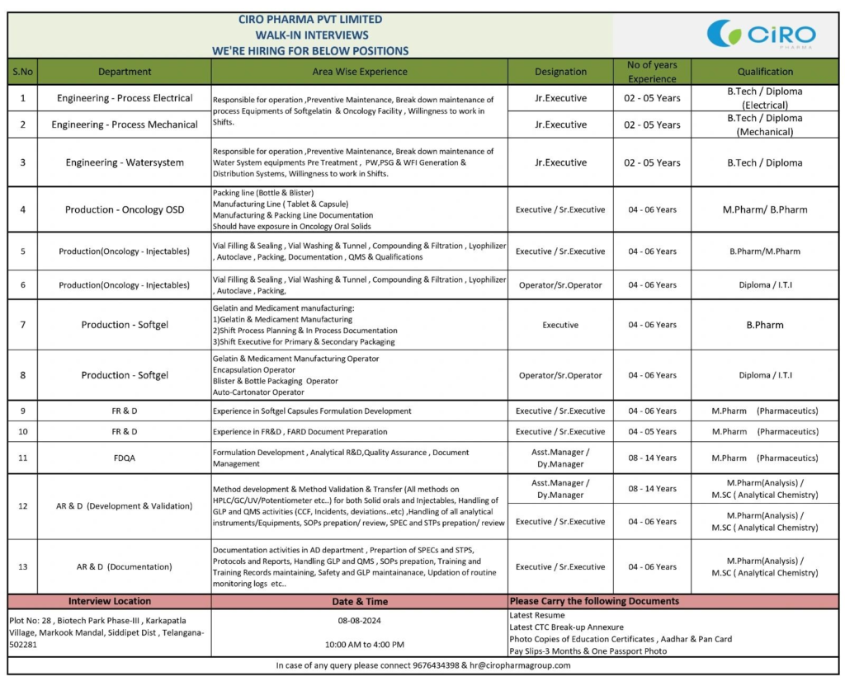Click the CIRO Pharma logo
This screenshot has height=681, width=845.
point(761,35)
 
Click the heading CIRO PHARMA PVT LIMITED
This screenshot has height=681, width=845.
point(310,19)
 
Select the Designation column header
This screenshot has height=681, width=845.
point(560,72)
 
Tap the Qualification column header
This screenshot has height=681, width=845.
point(764,72)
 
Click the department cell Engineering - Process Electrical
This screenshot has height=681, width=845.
point(125,98)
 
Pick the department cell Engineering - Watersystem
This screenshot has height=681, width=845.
point(125,162)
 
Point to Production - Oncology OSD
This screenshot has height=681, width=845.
point(125,209)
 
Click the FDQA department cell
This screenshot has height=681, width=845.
point(125,458)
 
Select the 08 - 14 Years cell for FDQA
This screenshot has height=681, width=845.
point(652,458)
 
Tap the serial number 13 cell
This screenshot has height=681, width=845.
point(22,566)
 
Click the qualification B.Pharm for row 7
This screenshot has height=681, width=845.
point(764,325)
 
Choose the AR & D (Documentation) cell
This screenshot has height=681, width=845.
point(125,566)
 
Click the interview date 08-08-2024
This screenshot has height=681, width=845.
point(359,621)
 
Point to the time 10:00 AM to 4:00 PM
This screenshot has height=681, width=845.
point(359,644)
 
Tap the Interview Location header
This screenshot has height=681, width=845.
point(110,601)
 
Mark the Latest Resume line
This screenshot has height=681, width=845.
point(537,615)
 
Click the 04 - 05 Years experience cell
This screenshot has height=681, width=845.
point(652,431)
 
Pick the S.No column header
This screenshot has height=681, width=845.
point(22,72)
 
